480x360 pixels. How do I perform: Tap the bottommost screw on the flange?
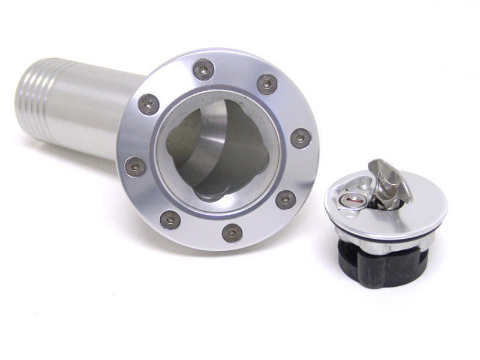[232, 232]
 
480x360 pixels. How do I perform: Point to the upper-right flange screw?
[267, 84]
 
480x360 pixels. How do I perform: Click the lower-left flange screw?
[170, 220]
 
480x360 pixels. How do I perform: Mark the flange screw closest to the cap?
[286, 199]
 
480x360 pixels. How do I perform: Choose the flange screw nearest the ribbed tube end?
[148, 104]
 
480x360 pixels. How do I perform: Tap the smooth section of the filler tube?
[90, 111]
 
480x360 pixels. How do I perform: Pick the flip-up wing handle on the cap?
[390, 180]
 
